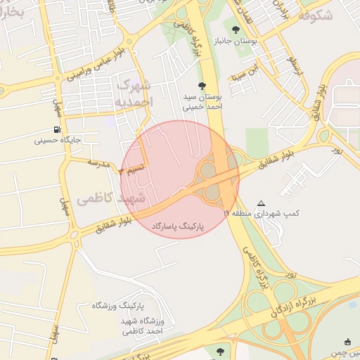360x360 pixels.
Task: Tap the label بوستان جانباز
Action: click(x=257, y=42)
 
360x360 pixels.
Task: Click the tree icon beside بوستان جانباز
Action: click(x=236, y=30)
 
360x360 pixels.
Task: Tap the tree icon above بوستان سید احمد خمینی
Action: click(x=202, y=84)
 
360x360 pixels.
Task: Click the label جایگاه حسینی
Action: click(x=58, y=140)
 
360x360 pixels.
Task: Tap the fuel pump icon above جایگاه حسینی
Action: click(x=56, y=129)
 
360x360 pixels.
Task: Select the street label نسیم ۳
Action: click(x=131, y=169)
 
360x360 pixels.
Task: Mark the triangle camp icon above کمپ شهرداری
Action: click(x=262, y=202)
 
